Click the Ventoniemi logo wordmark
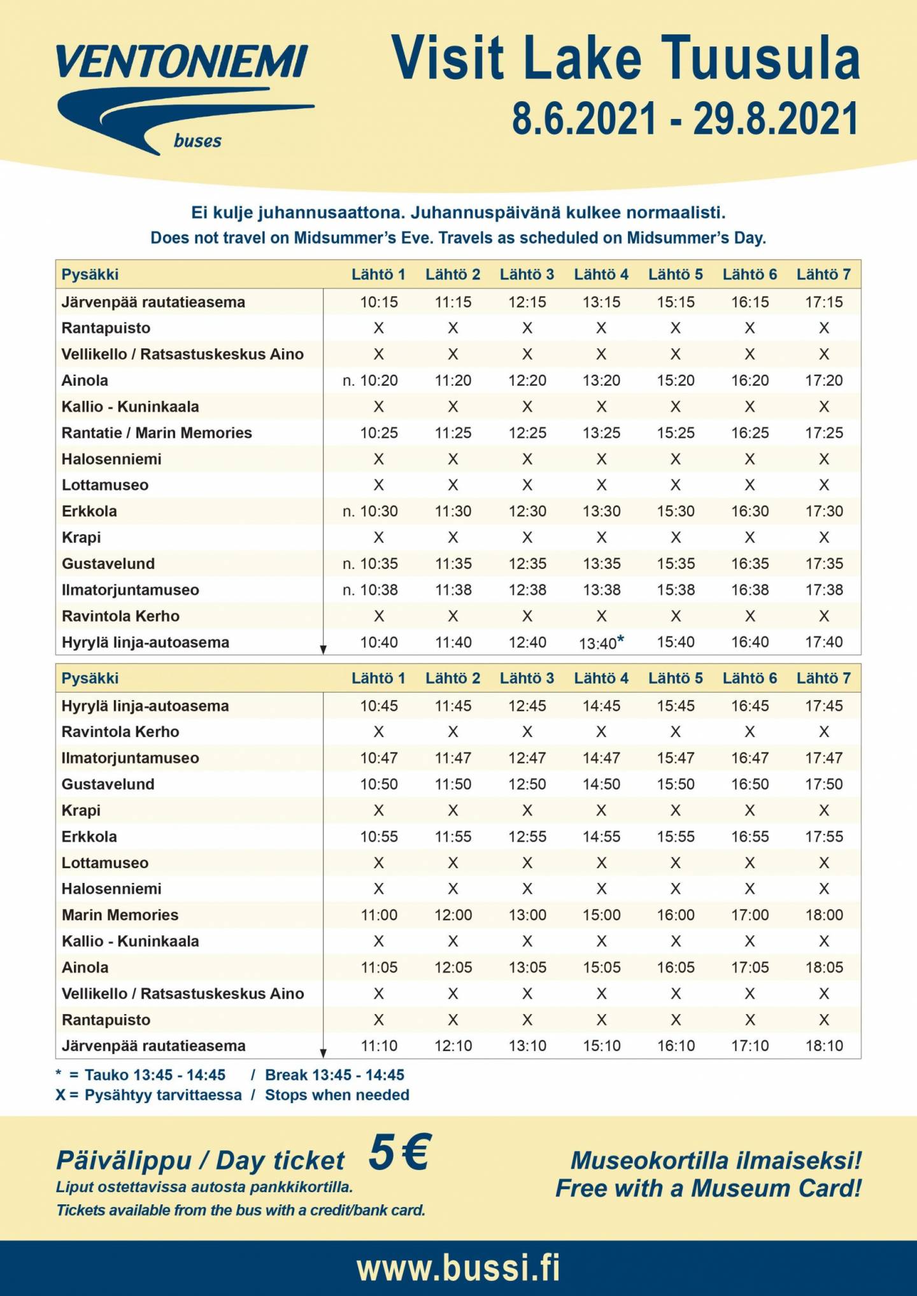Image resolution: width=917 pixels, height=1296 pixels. click(x=182, y=62)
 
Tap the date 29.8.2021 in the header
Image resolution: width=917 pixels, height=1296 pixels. click(x=776, y=119)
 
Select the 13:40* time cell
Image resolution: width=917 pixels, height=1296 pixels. click(x=601, y=642)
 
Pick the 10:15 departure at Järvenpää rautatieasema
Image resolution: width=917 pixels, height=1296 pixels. click(x=379, y=302)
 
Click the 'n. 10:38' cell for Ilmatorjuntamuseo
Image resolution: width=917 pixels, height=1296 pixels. click(x=370, y=590)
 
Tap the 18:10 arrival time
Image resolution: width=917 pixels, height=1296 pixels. click(x=824, y=1045)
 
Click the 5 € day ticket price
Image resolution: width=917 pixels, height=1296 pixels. click(x=400, y=1152)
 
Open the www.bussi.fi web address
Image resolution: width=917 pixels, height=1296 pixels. click(x=458, y=1268)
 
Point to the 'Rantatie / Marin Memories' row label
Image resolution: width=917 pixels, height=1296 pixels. click(x=157, y=433)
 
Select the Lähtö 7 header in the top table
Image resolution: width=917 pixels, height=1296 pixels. click(x=823, y=274)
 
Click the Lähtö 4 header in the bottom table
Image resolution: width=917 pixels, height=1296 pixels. click(x=601, y=678)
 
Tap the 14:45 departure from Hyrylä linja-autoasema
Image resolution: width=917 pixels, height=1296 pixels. click(x=601, y=705)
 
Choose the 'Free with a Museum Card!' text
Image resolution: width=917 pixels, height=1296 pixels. click(x=708, y=1188)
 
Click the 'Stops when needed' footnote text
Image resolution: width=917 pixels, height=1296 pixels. click(x=337, y=1095)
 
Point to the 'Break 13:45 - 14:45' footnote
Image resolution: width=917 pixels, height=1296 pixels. click(x=334, y=1074)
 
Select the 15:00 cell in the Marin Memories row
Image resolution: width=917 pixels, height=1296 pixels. click(x=601, y=915)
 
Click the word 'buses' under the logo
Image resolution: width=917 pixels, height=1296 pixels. click(x=197, y=141)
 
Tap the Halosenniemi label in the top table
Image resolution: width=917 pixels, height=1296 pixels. click(x=111, y=459)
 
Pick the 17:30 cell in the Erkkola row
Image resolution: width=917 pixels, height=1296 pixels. click(x=824, y=511)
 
